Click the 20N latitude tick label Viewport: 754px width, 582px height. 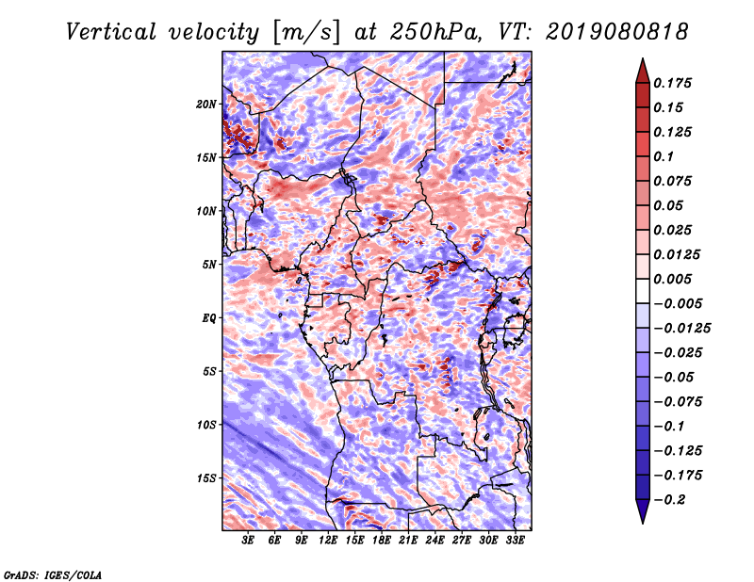point(206,104)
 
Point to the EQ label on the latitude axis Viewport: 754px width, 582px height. point(208,318)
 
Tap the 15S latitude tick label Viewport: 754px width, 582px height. point(206,478)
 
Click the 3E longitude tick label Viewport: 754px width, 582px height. point(249,541)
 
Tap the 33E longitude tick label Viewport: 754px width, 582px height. point(516,541)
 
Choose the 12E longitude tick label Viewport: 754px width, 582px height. point(329,541)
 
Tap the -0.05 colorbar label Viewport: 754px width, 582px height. point(676,377)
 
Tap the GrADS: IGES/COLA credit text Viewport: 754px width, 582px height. point(52,574)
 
